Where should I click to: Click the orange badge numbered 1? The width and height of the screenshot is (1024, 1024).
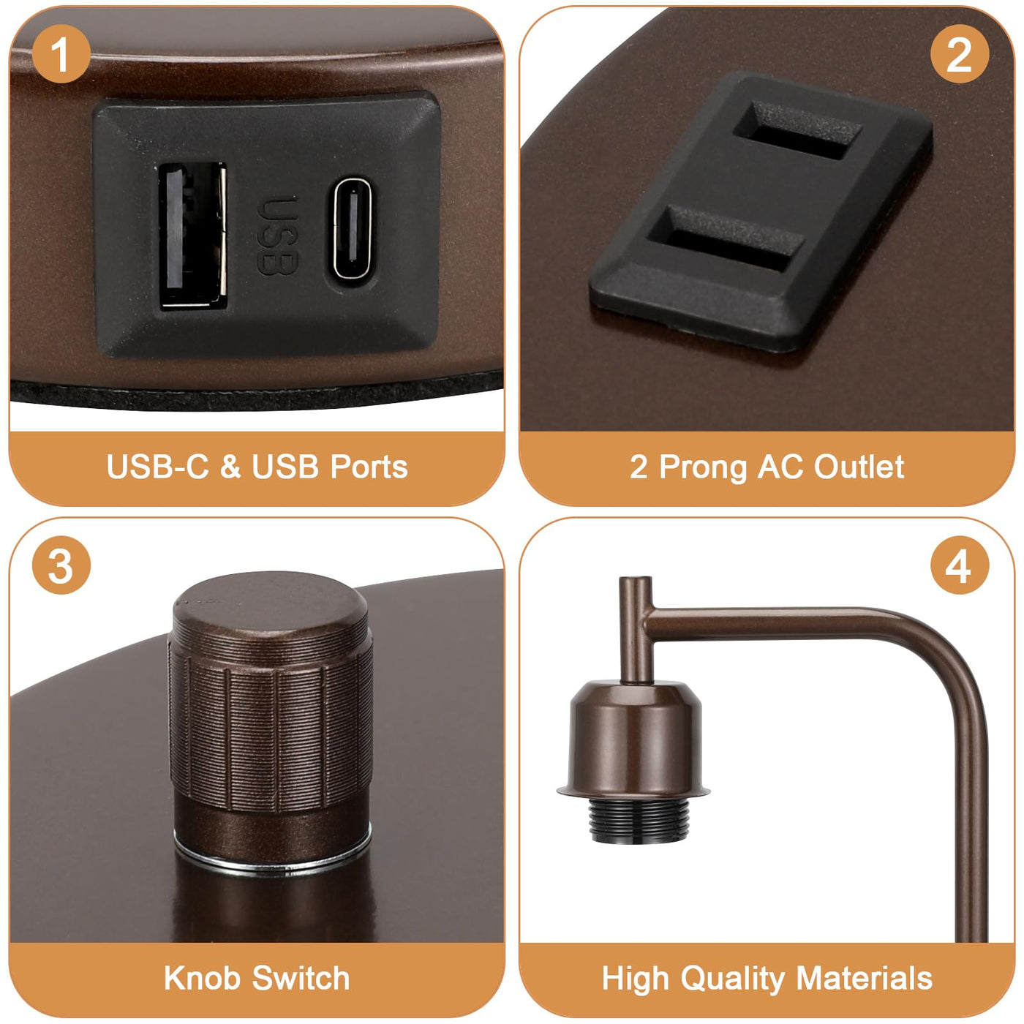pyautogui.click(x=61, y=53)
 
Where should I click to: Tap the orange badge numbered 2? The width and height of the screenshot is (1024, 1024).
pyautogui.click(x=959, y=53)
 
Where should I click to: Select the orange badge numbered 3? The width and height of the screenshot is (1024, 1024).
pyautogui.click(x=61, y=565)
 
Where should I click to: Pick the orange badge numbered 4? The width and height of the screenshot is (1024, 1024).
pyautogui.click(x=959, y=565)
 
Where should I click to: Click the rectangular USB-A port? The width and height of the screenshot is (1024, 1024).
pyautogui.click(x=192, y=236)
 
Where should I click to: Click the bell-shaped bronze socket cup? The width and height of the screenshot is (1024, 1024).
pyautogui.click(x=634, y=740)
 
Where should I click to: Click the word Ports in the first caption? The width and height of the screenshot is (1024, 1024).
pyautogui.click(x=369, y=467)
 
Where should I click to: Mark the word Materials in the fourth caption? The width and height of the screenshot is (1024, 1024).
pyautogui.click(x=864, y=979)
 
